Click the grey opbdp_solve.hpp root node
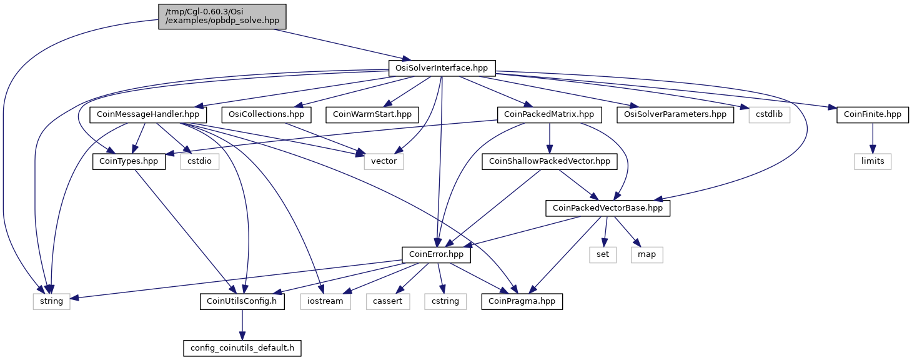[x=222, y=17]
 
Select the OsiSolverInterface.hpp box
[x=442, y=68]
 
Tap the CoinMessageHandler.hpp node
[x=148, y=114]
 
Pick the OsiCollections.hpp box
[x=266, y=114]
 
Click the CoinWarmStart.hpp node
[x=372, y=114]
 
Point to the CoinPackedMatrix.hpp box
[x=549, y=114]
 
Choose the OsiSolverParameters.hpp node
[x=675, y=114]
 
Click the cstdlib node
[x=769, y=114]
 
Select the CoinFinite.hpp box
[x=873, y=114]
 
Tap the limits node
[x=873, y=161]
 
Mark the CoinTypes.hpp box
[x=129, y=161]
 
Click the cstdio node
[x=199, y=161]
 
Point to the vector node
[x=384, y=161]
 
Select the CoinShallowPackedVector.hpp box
[x=550, y=161]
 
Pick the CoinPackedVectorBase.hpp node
[x=608, y=208]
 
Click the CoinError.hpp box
[x=437, y=254]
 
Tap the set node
[x=603, y=254]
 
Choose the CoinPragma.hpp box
[x=522, y=301]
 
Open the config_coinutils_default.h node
[x=242, y=348]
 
